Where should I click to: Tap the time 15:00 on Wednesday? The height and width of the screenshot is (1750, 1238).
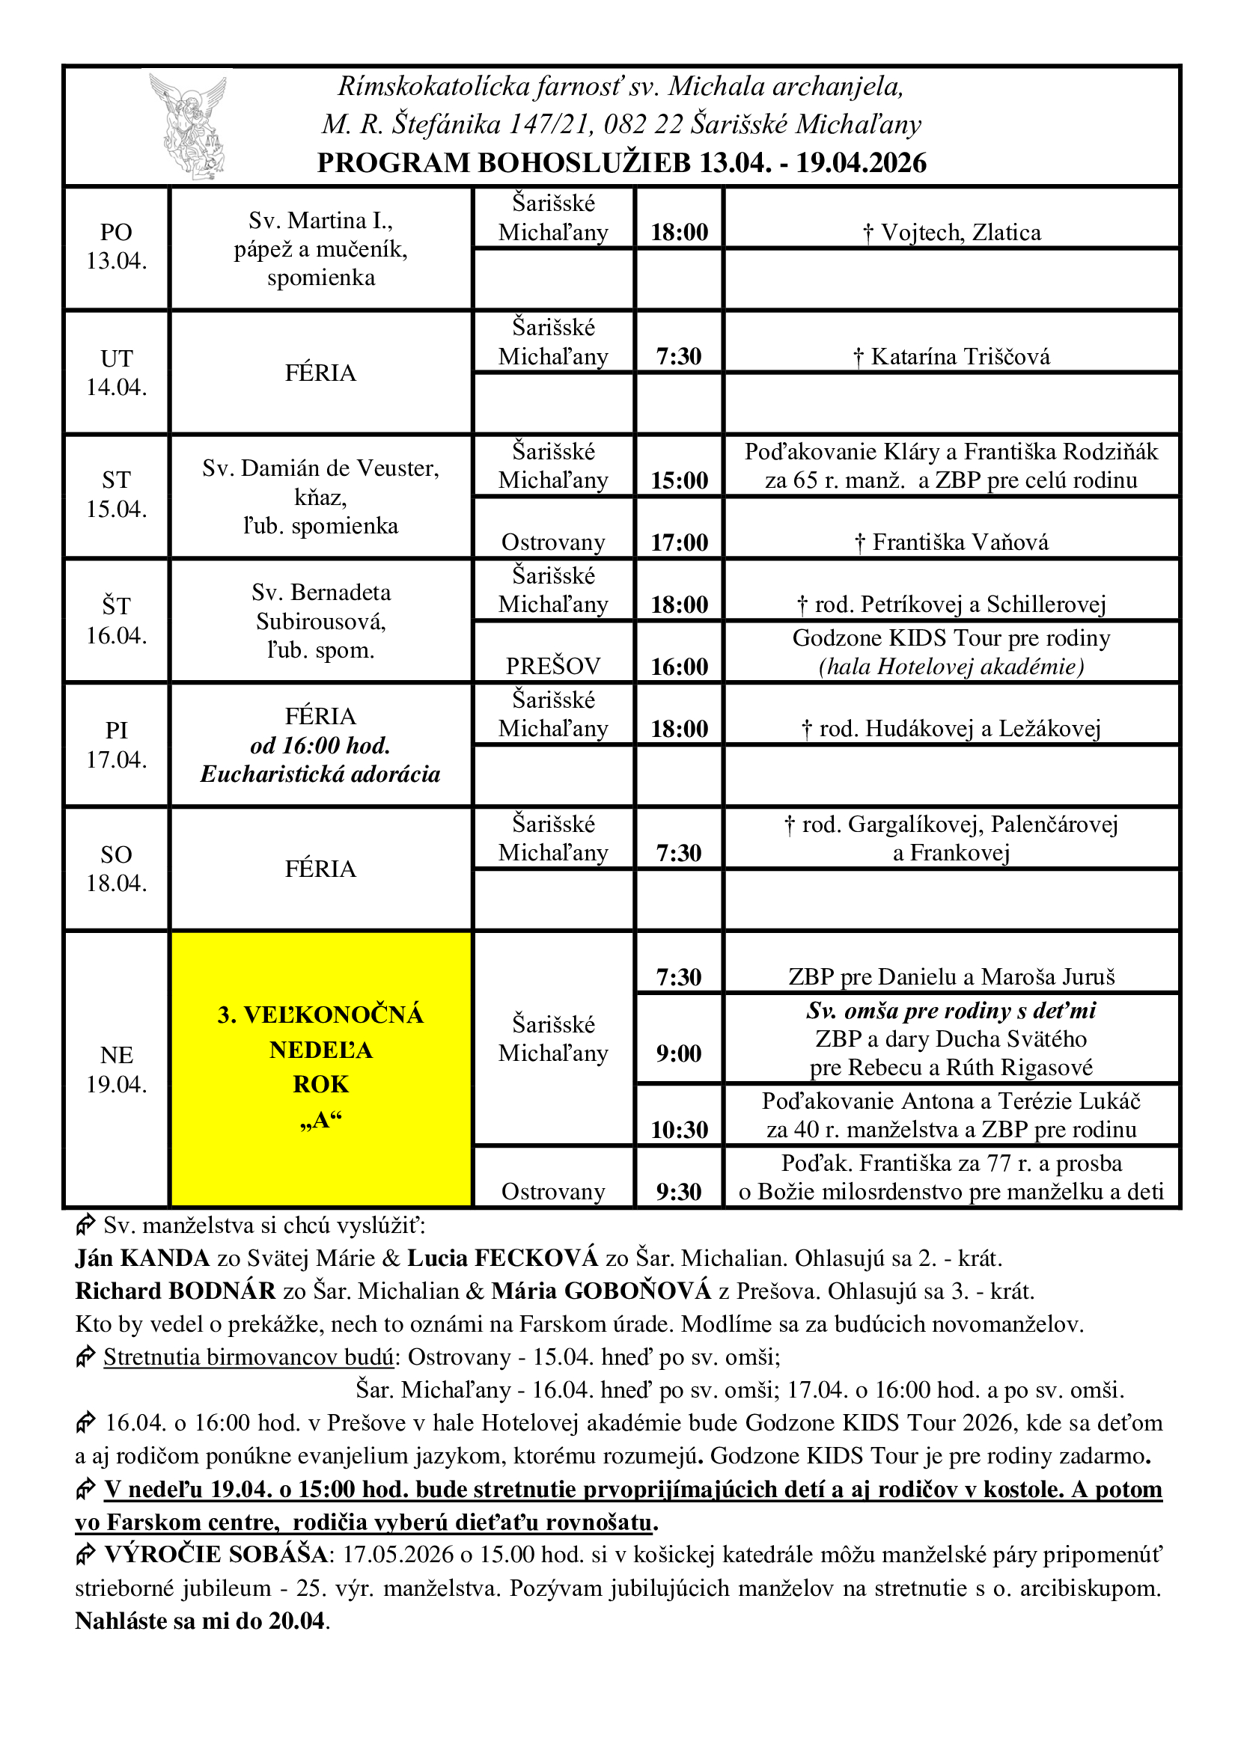[678, 480]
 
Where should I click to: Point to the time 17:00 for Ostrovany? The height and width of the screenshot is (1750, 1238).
[678, 542]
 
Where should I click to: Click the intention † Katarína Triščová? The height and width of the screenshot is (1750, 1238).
[951, 357]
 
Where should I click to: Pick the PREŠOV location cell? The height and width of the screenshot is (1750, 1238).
[552, 666]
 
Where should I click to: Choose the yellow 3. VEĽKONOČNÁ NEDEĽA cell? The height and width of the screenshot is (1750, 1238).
[320, 1067]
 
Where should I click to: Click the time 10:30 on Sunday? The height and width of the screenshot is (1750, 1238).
[678, 1130]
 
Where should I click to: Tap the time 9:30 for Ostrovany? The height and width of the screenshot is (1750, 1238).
[678, 1191]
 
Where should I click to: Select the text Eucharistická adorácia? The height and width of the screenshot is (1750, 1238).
[320, 774]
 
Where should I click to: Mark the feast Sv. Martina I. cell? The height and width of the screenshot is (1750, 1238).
[320, 248]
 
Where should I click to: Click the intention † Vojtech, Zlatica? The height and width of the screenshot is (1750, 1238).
[951, 233]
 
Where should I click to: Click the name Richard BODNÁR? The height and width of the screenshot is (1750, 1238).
[175, 1291]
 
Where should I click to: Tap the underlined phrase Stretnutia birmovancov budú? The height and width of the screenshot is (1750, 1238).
[248, 1356]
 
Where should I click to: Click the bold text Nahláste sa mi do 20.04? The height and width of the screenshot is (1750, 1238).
[201, 1621]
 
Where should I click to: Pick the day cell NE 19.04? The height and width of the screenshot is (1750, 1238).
[116, 1068]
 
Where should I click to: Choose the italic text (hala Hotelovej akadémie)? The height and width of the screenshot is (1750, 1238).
[951, 667]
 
